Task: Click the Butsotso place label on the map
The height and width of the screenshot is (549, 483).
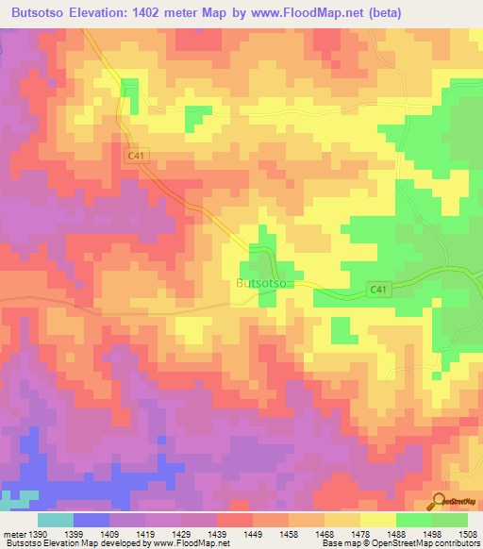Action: pyautogui.click(x=259, y=282)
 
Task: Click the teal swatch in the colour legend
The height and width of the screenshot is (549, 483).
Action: pyautogui.click(x=55, y=520)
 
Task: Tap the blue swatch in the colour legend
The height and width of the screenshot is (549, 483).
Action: pyautogui.click(x=91, y=520)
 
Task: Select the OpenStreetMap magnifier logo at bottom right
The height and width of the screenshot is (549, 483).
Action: pyautogui.click(x=439, y=501)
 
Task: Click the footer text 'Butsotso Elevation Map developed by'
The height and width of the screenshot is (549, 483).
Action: pyautogui.click(x=70, y=544)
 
